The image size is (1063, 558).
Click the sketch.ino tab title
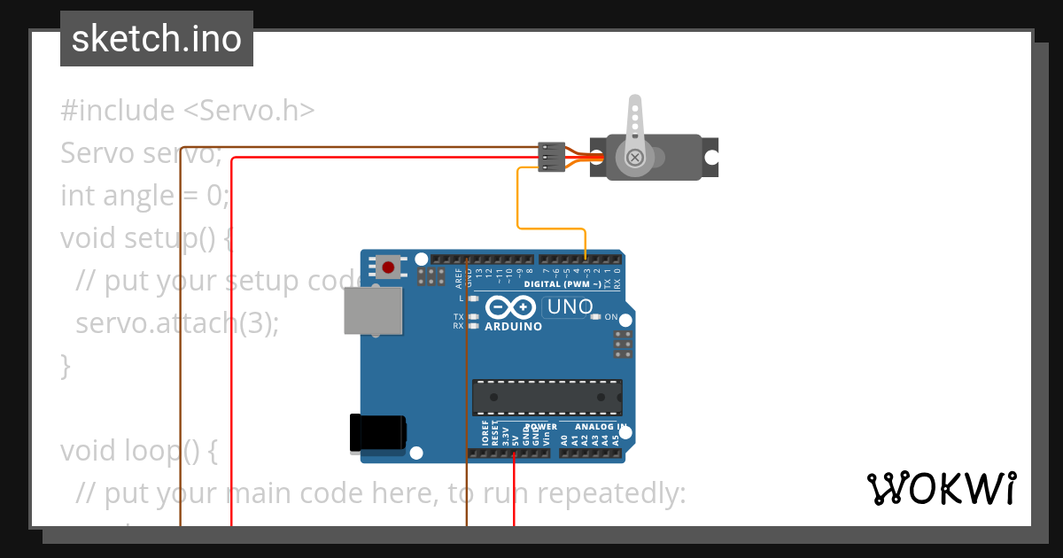point(157,39)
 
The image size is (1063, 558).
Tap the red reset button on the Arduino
point(387,266)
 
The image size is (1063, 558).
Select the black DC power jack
point(378,432)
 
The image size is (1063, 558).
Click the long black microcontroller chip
point(547,397)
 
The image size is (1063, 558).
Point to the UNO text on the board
point(570,307)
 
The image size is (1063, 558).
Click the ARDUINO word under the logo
point(513,326)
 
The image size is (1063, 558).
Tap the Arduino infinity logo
point(510,307)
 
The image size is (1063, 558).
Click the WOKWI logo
point(942,488)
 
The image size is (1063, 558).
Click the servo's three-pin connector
point(551,157)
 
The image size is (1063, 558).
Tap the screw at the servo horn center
point(634,158)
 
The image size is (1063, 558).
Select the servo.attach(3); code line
point(177,323)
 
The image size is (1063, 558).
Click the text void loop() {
point(138,451)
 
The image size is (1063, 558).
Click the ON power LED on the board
point(596,316)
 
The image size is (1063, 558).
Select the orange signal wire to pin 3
point(519,204)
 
